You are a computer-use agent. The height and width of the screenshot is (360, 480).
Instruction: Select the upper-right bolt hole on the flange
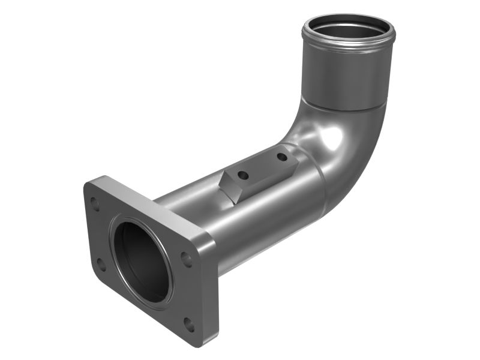tap(187, 260)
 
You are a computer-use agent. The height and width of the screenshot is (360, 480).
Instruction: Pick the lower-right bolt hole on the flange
tap(189, 325)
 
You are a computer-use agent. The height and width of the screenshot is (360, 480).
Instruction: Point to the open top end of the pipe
tap(348, 30)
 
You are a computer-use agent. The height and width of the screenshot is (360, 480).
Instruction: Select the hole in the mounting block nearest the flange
tap(243, 175)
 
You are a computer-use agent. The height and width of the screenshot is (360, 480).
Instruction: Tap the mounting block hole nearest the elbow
tap(281, 157)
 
